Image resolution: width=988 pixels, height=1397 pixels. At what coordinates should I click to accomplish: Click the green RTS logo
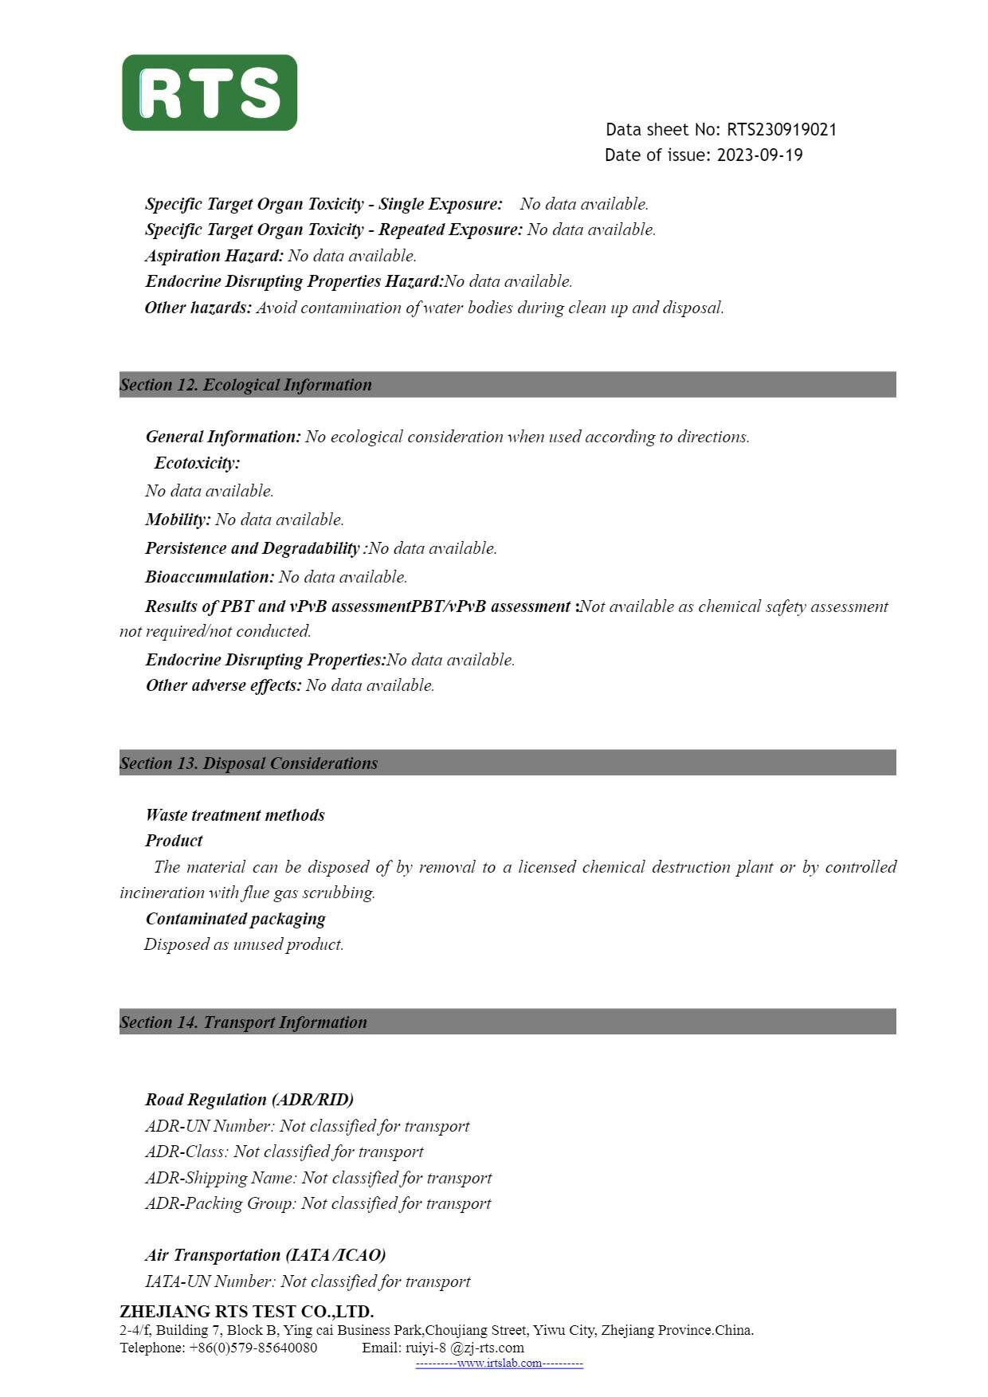210,92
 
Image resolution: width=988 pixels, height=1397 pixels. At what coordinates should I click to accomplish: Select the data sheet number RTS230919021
781,130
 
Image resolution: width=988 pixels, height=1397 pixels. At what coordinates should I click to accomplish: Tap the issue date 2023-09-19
759,155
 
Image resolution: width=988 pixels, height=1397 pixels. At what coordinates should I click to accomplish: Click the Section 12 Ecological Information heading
245,385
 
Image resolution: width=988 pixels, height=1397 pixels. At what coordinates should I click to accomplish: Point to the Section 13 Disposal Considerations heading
249,763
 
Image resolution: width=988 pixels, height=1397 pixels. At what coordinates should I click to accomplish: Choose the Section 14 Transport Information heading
243,1022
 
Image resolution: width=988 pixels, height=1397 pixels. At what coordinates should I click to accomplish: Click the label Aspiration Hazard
214,256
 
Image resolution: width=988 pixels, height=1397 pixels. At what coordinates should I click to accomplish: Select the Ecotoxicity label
197,463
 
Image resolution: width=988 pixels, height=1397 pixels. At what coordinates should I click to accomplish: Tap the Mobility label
178,520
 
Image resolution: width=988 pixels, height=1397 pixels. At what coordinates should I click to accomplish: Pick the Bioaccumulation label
210,577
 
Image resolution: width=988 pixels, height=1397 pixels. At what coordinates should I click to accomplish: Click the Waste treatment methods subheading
235,815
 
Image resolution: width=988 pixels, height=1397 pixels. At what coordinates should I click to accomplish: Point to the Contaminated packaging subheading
235,919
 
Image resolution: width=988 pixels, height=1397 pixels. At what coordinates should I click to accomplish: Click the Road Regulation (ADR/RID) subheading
249,1100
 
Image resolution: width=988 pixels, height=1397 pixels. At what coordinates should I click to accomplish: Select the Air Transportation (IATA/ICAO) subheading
265,1255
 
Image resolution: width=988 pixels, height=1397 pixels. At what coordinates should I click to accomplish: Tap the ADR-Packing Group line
318,1203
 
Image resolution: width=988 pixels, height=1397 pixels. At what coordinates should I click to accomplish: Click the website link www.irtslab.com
500,1364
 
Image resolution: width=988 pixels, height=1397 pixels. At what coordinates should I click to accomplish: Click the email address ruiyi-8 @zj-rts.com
465,1348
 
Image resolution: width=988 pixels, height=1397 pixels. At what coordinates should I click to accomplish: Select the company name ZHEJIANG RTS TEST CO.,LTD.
246,1312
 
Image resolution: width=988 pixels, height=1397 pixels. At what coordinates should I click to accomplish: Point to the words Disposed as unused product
244,944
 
